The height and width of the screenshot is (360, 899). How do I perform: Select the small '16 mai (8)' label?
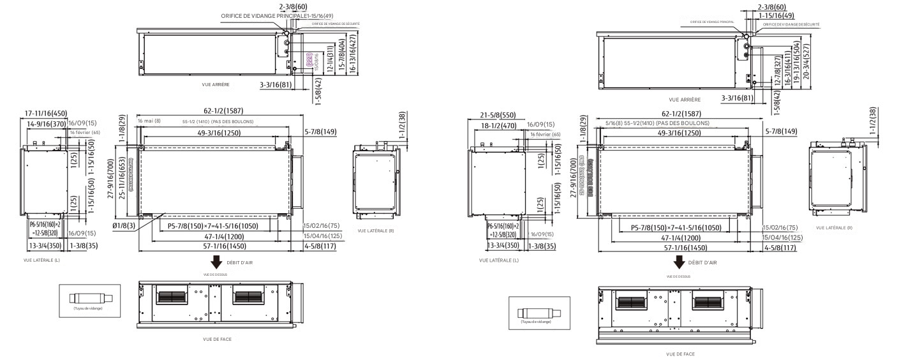[x=148, y=121]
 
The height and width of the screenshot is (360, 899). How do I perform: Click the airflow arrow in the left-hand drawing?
[x=217, y=261]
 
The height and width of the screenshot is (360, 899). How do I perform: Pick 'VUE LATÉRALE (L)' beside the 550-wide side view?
[x=498, y=260]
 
